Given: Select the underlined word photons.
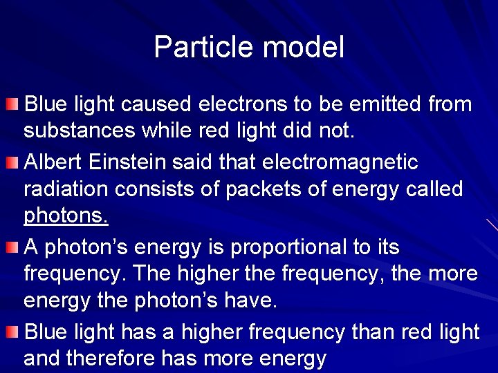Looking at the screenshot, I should [66, 216].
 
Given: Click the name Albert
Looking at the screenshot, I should [54, 162].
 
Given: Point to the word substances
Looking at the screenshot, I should [78, 131].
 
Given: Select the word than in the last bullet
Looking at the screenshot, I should [373, 332].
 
